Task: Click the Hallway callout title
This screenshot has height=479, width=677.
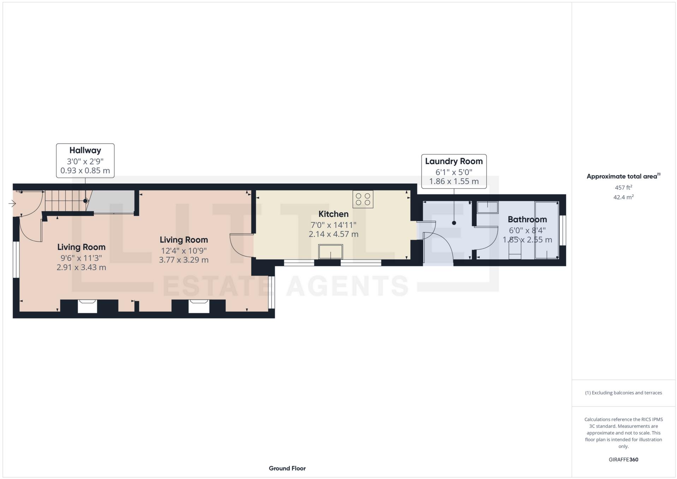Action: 85,150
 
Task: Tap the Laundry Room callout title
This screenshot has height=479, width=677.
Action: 453,161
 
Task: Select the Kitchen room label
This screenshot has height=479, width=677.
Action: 333,214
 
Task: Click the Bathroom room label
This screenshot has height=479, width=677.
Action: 527,219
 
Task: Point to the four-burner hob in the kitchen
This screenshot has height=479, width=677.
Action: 363,199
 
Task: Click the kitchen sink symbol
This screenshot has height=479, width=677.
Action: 331,251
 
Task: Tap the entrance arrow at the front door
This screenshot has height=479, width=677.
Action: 12,204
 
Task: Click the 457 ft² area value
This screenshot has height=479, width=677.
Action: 623,187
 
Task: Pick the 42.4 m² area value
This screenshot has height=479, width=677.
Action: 623,197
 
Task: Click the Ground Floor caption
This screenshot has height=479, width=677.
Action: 287,468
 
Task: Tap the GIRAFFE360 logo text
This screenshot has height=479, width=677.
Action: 623,460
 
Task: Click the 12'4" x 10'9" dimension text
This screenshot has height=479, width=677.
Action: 184,251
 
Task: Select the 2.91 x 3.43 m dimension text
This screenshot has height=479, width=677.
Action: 81,267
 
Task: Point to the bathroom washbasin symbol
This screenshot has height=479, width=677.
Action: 487,207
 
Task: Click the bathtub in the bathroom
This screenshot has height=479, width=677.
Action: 546,230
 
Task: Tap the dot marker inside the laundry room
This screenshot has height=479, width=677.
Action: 454,223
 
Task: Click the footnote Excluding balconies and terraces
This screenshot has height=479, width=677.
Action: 623,393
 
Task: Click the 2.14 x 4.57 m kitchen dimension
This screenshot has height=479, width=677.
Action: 333,234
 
